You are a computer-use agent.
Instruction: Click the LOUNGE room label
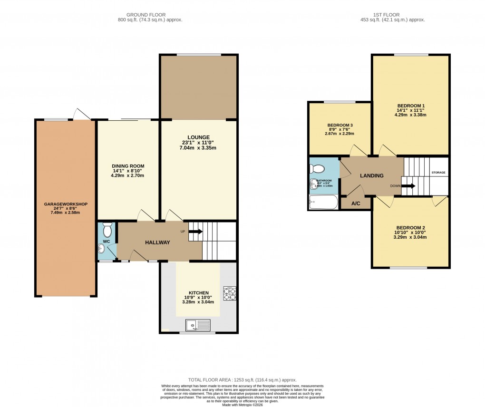click(198, 137)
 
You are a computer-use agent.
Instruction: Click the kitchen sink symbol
click(198, 325)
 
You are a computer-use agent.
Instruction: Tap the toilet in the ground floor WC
click(107, 231)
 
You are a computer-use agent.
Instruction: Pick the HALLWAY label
click(157, 242)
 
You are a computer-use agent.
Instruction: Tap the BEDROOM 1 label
click(410, 106)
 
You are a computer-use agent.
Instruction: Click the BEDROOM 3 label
click(340, 126)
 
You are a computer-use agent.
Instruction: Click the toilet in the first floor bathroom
click(317, 168)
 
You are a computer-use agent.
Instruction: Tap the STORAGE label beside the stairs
click(438, 173)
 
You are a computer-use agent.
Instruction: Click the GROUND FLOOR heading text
click(150, 14)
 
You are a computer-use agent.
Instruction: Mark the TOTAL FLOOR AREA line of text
click(242, 380)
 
